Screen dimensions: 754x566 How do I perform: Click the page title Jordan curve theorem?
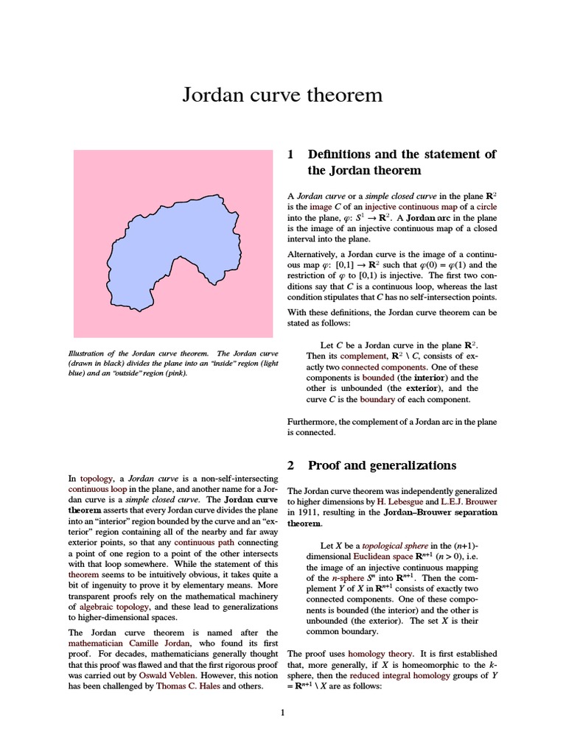283,95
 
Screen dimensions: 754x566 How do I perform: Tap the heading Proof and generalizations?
382,465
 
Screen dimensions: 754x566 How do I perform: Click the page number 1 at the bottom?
283,713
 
